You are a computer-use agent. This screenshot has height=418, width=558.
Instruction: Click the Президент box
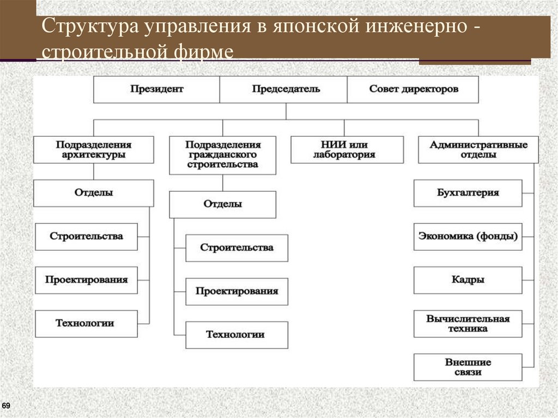pyautogui.click(x=157, y=89)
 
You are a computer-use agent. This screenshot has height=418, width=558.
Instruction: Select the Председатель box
pyautogui.click(x=283, y=89)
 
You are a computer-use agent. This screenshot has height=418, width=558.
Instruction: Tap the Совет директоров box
pyautogui.click(x=413, y=89)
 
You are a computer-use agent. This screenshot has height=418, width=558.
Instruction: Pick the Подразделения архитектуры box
pyautogui.click(x=94, y=150)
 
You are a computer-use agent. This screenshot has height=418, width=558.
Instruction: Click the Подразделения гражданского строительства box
pyautogui.click(x=222, y=155)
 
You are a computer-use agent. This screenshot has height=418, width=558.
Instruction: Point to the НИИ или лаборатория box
pyautogui.click(x=347, y=150)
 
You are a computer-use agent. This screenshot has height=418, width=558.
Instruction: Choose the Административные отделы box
pyautogui.click(x=478, y=150)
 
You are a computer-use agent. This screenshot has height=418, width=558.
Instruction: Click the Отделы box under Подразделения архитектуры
pyautogui.click(x=94, y=193)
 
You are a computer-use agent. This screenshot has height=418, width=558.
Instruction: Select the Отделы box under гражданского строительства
pyautogui.click(x=222, y=204)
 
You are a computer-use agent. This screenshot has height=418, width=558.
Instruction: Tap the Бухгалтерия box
pyautogui.click(x=468, y=193)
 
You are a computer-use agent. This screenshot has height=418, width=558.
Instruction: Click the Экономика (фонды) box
pyautogui.click(x=468, y=237)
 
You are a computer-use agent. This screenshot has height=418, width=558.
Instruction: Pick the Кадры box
pyautogui.click(x=468, y=280)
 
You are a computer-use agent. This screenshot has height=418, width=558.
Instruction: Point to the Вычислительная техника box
pyautogui.click(x=468, y=324)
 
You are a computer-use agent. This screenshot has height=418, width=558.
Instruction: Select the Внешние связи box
pyautogui.click(x=468, y=367)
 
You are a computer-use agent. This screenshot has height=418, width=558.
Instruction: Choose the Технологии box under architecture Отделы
pyautogui.click(x=86, y=324)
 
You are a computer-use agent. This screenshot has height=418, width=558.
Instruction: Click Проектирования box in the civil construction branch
pyautogui.click(x=236, y=292)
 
